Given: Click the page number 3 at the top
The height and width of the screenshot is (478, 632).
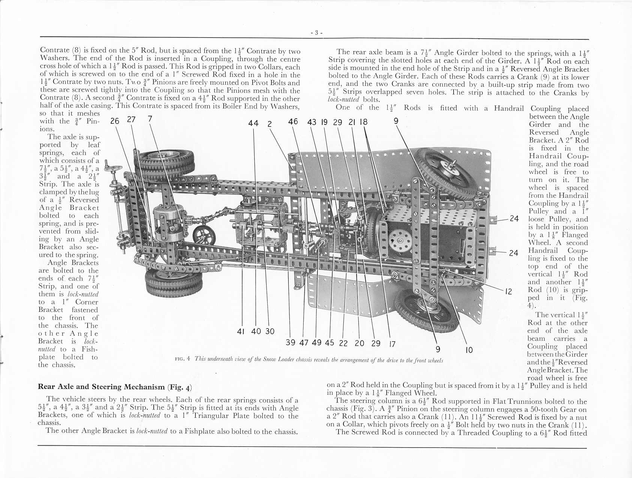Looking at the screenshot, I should click(316, 33).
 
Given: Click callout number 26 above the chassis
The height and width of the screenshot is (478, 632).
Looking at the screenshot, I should click(115, 120).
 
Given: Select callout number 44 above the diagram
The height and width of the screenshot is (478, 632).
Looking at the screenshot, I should click(253, 123).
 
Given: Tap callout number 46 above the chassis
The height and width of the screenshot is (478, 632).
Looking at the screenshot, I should click(293, 121).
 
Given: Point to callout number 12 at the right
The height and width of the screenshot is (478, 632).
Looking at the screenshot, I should click(508, 291).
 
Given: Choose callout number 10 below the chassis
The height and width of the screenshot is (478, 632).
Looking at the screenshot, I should click(469, 350).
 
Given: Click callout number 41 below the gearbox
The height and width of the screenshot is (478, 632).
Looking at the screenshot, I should click(241, 331).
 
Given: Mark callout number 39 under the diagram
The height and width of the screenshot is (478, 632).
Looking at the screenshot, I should click(291, 342).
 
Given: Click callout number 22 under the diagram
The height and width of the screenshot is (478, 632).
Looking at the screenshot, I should click(343, 343).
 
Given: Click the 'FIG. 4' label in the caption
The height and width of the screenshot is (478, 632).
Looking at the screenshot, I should click(183, 359).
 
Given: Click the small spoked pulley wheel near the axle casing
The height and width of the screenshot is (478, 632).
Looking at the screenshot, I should click(204, 236).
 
